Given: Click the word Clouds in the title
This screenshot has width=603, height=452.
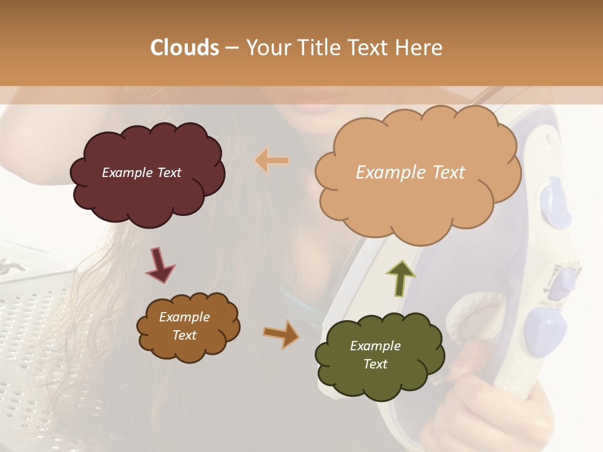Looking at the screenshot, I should (x=185, y=48).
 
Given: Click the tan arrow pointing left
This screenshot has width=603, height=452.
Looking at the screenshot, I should (x=271, y=161).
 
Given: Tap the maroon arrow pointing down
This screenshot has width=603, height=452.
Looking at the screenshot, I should (x=160, y=266).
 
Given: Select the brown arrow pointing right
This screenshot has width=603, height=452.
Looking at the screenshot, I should (x=281, y=334).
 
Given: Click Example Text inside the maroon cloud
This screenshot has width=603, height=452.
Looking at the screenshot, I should (x=141, y=173).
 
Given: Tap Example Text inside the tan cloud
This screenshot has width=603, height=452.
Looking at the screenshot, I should (x=410, y=173).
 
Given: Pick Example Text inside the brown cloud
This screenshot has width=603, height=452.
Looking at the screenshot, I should (x=184, y=326).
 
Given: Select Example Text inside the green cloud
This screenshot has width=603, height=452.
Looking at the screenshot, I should (x=375, y=355).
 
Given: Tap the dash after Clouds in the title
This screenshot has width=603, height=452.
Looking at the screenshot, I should (x=231, y=48).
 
